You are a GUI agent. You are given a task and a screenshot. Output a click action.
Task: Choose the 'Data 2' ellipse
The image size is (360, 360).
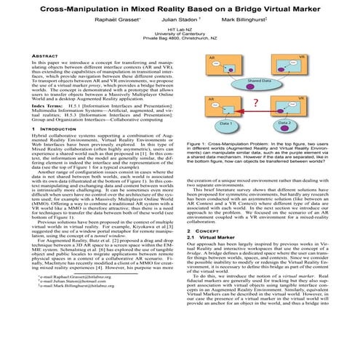287,124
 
